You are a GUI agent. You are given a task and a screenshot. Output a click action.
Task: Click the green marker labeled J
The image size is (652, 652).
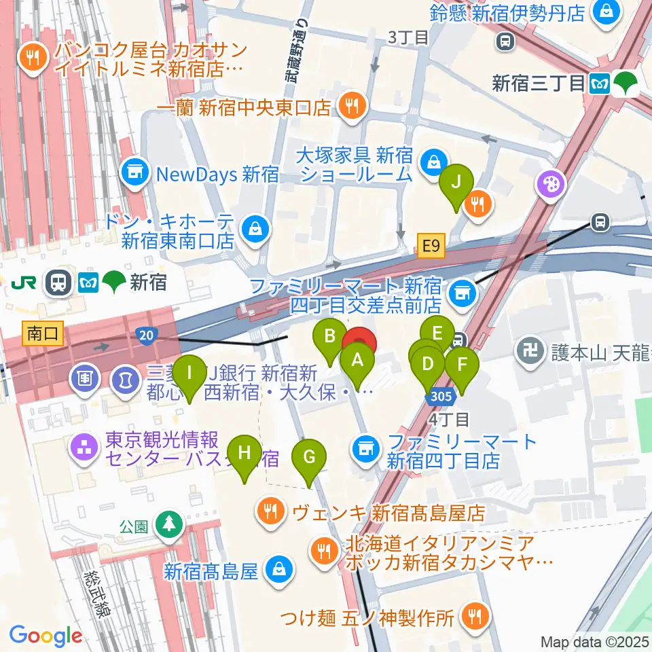(456, 182)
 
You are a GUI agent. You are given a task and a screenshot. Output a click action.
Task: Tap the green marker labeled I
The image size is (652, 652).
(189, 373)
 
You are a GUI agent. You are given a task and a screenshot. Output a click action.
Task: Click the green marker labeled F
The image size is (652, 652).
(462, 364)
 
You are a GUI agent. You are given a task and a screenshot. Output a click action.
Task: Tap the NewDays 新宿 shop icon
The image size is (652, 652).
(135, 174)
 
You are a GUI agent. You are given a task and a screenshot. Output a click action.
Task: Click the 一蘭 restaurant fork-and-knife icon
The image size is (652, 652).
(351, 106)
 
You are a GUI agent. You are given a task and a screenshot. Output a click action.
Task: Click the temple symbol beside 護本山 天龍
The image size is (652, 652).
(528, 351)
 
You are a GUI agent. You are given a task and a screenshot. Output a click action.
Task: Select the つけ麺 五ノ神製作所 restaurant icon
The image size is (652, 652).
(471, 617)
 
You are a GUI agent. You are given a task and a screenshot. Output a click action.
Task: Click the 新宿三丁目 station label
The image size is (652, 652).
(539, 84)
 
